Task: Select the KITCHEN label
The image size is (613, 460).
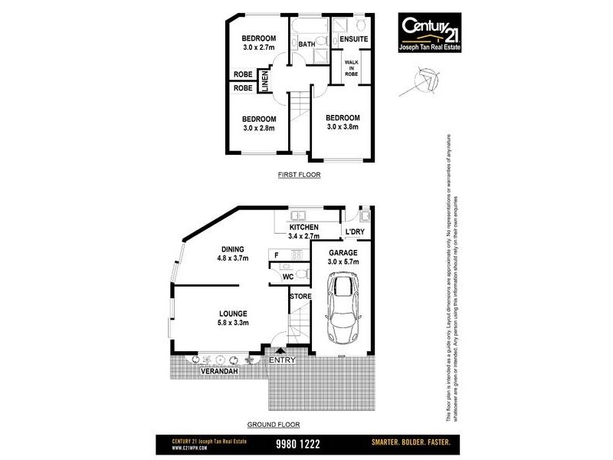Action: (x=304, y=228)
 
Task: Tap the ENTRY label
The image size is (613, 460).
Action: (x=281, y=360)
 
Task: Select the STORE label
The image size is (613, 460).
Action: (x=300, y=296)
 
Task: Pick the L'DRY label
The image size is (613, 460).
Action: (x=356, y=232)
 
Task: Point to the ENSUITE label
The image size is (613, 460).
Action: (x=354, y=39)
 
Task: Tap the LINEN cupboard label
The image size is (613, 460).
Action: (x=265, y=82)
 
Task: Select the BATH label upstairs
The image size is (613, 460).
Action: (x=306, y=44)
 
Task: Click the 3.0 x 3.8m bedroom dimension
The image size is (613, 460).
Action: (x=342, y=127)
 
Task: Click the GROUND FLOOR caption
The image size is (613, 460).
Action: (x=273, y=424)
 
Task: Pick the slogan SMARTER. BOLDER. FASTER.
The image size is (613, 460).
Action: (x=410, y=443)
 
